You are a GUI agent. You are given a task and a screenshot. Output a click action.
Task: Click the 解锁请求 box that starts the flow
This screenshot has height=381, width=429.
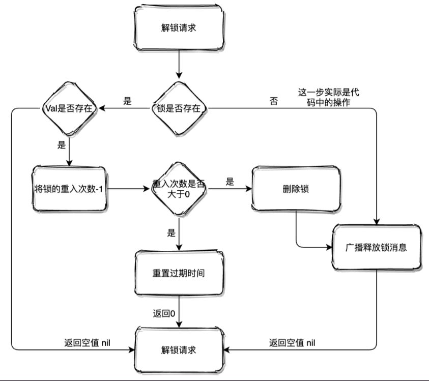178,28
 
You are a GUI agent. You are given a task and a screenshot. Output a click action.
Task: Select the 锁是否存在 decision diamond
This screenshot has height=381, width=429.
178,108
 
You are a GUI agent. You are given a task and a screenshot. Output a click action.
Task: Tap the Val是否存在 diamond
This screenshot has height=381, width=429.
68,108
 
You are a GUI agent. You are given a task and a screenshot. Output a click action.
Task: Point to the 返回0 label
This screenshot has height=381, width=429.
163,312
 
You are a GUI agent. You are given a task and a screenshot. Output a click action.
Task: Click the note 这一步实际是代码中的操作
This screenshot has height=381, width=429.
328,97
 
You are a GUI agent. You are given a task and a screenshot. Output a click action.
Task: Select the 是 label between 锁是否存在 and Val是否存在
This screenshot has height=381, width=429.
127,101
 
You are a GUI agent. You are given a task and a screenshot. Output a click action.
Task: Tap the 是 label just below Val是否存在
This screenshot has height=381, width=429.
62,144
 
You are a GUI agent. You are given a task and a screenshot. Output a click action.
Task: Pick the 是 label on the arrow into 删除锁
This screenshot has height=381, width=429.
230,181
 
